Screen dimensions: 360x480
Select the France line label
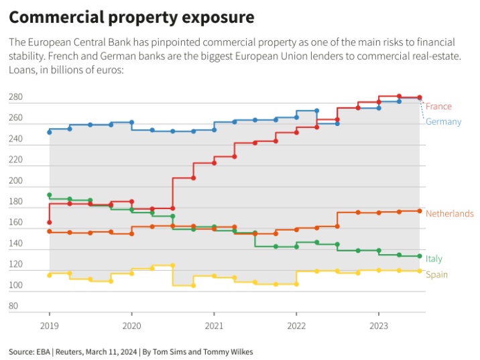tap(438, 107)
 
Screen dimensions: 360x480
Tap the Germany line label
tap(443, 121)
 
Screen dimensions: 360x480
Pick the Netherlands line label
tap(450, 214)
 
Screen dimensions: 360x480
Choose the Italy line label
tap(434, 259)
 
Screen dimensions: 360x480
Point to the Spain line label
tap(436, 275)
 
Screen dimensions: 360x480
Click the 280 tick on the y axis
tap(15, 98)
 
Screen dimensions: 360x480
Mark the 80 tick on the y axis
tap(13, 306)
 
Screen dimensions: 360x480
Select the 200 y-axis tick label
tap(15, 181)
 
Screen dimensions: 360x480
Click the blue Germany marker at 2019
tap(50, 132)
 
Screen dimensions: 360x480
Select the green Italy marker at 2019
tap(50, 195)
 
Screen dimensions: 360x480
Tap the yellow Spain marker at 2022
tap(296, 284)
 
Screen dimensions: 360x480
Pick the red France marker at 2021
tap(214, 163)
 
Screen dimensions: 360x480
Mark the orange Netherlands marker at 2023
tap(379, 213)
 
